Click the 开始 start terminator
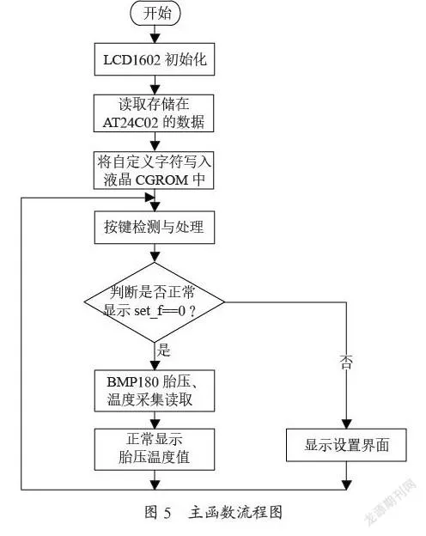[x=155, y=14]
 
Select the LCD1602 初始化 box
[x=155, y=59]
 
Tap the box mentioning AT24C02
[x=154, y=113]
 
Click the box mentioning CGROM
[x=154, y=170]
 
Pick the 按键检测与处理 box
[x=155, y=228]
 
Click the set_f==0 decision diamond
[x=155, y=302]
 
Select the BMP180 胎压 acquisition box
[x=155, y=391]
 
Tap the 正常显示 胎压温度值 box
[x=155, y=449]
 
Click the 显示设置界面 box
[x=346, y=445]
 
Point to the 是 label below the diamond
[x=164, y=350]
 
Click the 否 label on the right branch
[x=346, y=362]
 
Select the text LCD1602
[x=132, y=60]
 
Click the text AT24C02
[x=130, y=123]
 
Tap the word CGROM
[x=162, y=180]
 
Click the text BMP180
[x=132, y=382]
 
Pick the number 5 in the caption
[x=167, y=513]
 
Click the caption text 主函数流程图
[x=235, y=513]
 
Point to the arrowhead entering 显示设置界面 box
[x=347, y=424]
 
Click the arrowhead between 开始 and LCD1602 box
[x=155, y=39]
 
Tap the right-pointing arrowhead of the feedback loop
[x=150, y=198]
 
